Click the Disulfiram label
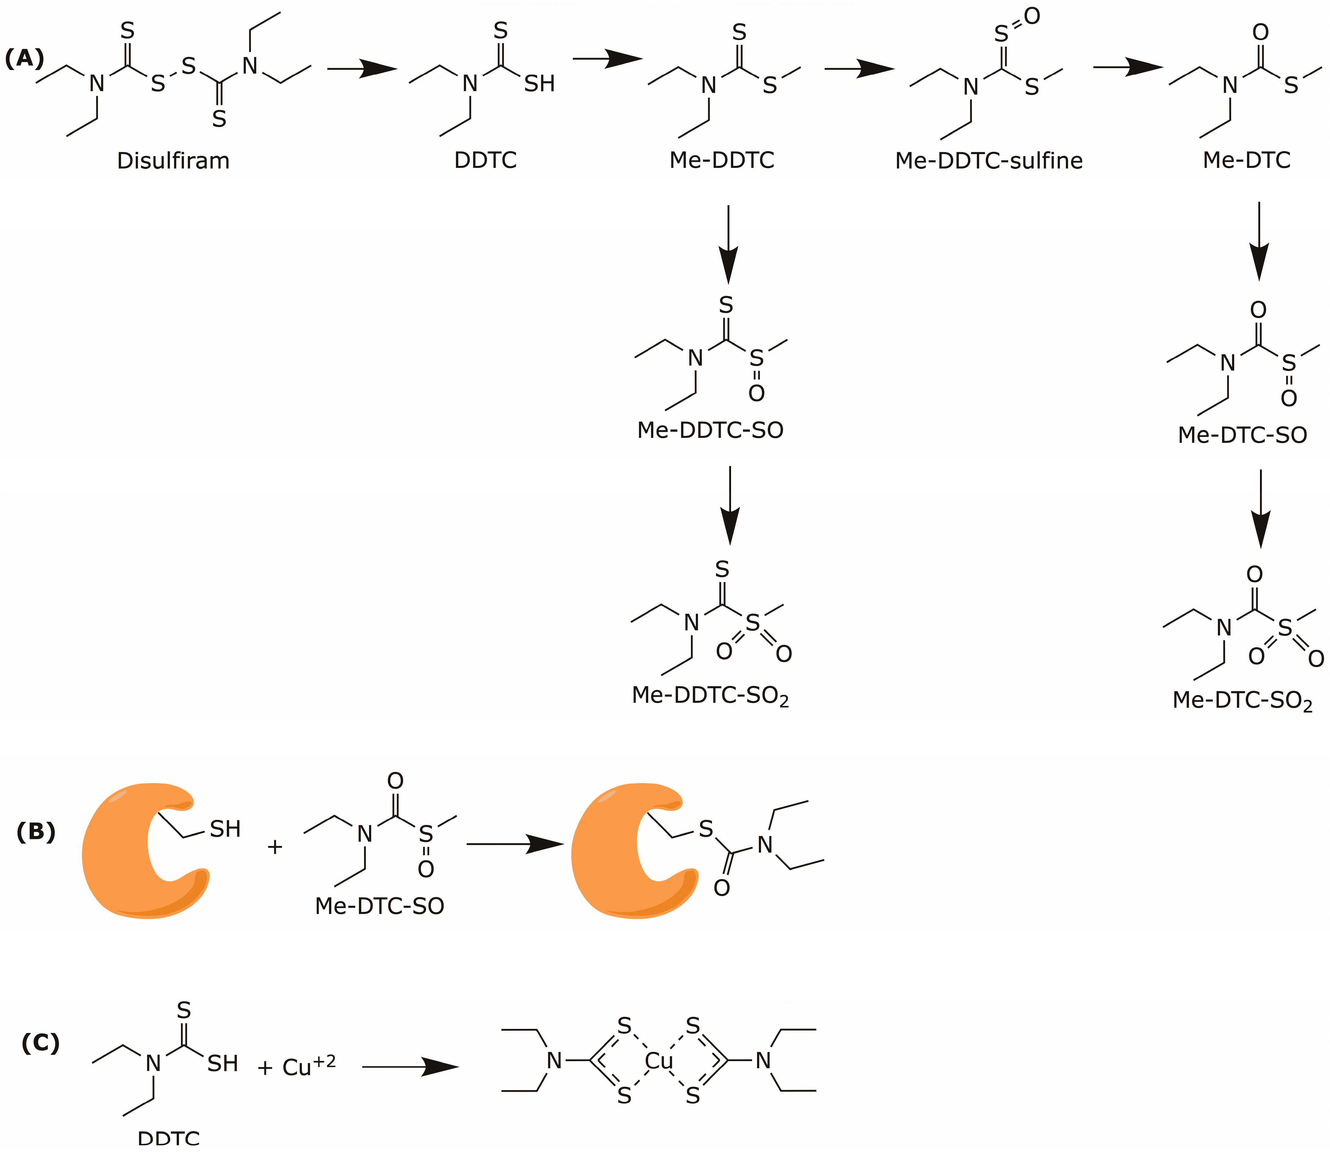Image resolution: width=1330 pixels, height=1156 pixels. click(173, 160)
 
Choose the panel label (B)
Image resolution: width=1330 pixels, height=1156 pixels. click(36, 832)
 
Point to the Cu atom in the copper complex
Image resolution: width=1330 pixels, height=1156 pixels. click(659, 1061)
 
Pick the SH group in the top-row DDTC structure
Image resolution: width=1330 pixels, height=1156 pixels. click(539, 84)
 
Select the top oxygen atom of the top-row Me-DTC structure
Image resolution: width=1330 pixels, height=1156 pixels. click(1260, 32)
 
